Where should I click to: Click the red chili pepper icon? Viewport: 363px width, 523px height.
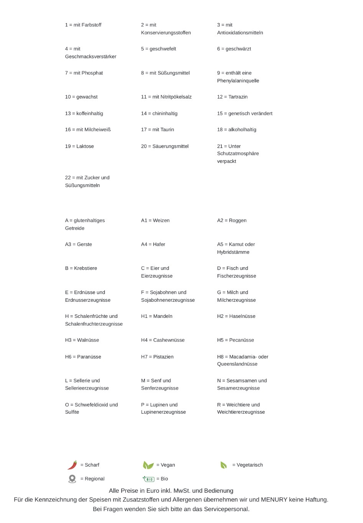[x=72, y=465]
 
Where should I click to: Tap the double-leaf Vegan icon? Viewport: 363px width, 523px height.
[x=148, y=465]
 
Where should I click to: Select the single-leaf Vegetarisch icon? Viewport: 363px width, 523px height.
[x=223, y=465]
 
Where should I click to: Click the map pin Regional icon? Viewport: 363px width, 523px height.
[x=72, y=479]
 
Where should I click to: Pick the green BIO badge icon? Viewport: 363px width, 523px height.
[x=148, y=479]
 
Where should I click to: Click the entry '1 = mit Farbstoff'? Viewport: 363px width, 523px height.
[x=83, y=25]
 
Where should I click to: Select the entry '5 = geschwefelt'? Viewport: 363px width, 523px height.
[x=158, y=49]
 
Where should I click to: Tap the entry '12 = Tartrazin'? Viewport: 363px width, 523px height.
[x=232, y=97]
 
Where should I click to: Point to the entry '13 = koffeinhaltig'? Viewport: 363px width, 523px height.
[x=84, y=113]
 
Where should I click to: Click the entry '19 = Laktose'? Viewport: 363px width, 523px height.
[x=79, y=146]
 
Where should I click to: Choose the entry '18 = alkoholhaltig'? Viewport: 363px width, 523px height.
[x=237, y=130]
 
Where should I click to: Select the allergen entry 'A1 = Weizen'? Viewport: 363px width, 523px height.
[x=155, y=220]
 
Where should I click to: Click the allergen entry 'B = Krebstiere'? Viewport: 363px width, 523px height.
[x=81, y=268]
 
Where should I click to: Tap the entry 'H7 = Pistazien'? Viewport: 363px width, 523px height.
[x=157, y=357]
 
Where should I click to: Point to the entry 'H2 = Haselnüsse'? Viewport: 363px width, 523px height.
[x=236, y=316]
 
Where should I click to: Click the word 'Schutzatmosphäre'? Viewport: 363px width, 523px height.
[x=238, y=153]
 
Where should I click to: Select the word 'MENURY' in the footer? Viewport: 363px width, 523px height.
[x=274, y=500]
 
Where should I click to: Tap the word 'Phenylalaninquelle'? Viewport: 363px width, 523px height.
[x=238, y=81]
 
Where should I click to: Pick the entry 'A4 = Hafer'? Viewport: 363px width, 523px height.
[x=153, y=244]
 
